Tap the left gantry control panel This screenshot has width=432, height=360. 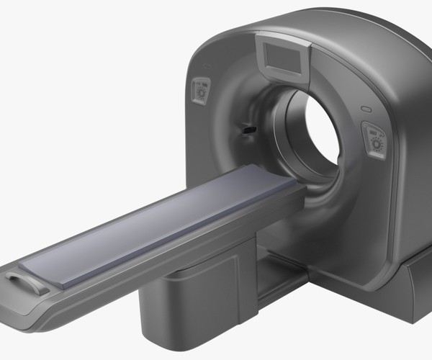point(199,91)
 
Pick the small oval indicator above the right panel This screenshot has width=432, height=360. point(366,110)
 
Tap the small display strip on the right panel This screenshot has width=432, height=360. point(372,132)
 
